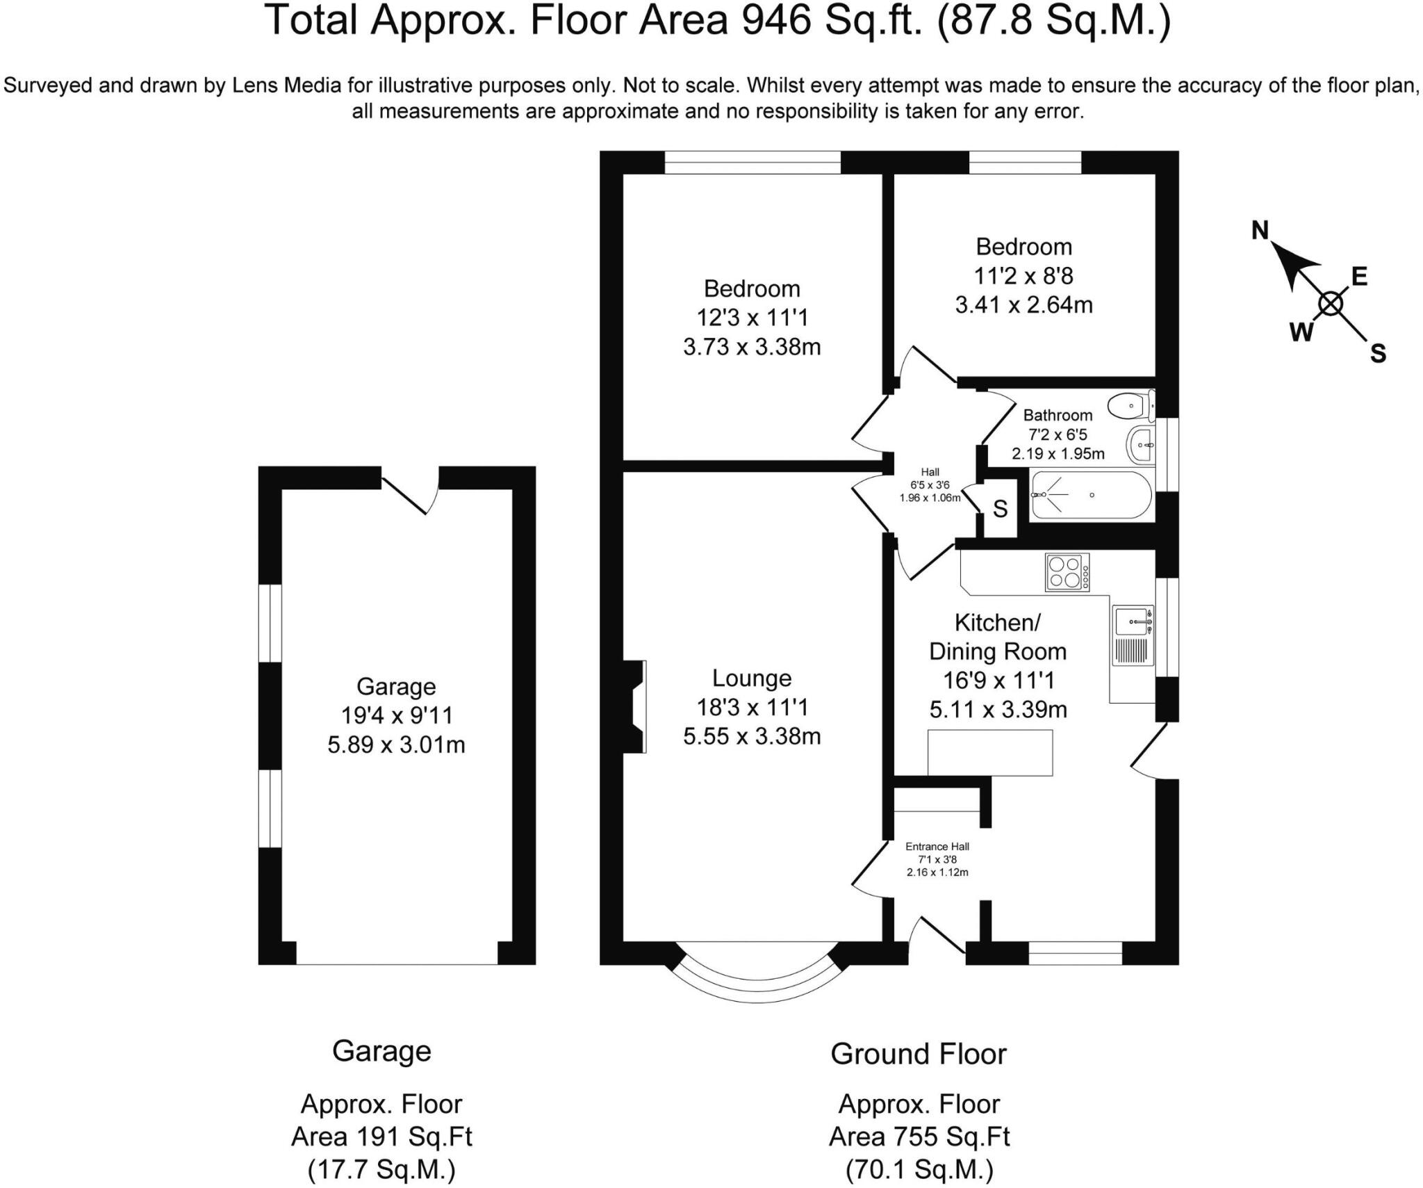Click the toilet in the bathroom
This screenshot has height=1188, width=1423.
(x=1130, y=406)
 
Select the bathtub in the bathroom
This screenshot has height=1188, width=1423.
(x=1091, y=495)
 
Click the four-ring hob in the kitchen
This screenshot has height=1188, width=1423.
(x=1067, y=572)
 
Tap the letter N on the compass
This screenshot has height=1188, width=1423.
(x=1260, y=230)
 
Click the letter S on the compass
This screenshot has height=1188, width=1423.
(x=1378, y=354)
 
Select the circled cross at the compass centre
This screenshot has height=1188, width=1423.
(x=1331, y=304)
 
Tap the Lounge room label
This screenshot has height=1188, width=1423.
(x=752, y=678)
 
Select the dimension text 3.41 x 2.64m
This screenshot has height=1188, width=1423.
(x=1023, y=305)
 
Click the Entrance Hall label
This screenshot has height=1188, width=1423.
(x=937, y=847)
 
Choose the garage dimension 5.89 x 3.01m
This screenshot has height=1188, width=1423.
(x=396, y=745)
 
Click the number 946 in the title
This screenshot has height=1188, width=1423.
(x=776, y=21)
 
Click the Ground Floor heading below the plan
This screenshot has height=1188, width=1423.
(x=918, y=1055)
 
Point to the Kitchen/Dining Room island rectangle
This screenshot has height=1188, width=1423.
(x=990, y=753)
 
